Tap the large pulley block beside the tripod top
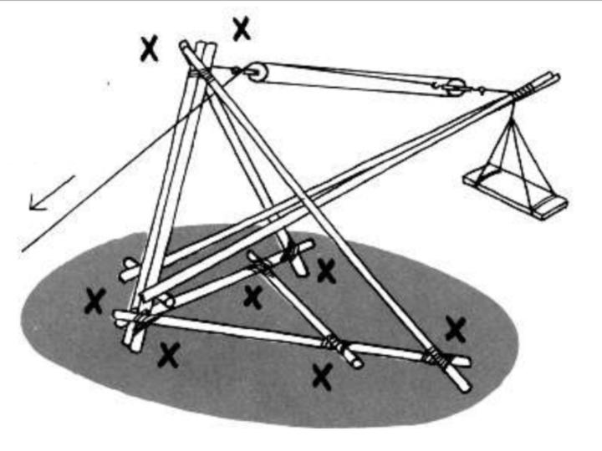coord(257,73)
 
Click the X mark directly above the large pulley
coord(242,29)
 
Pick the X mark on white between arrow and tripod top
coord(149,48)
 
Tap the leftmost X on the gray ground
coord(94,300)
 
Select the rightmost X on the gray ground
coord(456,329)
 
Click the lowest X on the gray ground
coord(322,376)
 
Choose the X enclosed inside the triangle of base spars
coord(253,296)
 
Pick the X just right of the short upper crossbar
coord(326,269)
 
